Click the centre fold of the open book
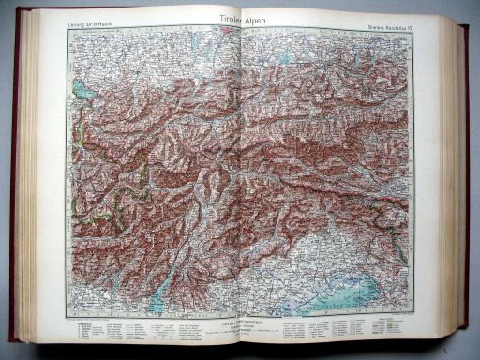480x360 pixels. click(240, 178)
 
